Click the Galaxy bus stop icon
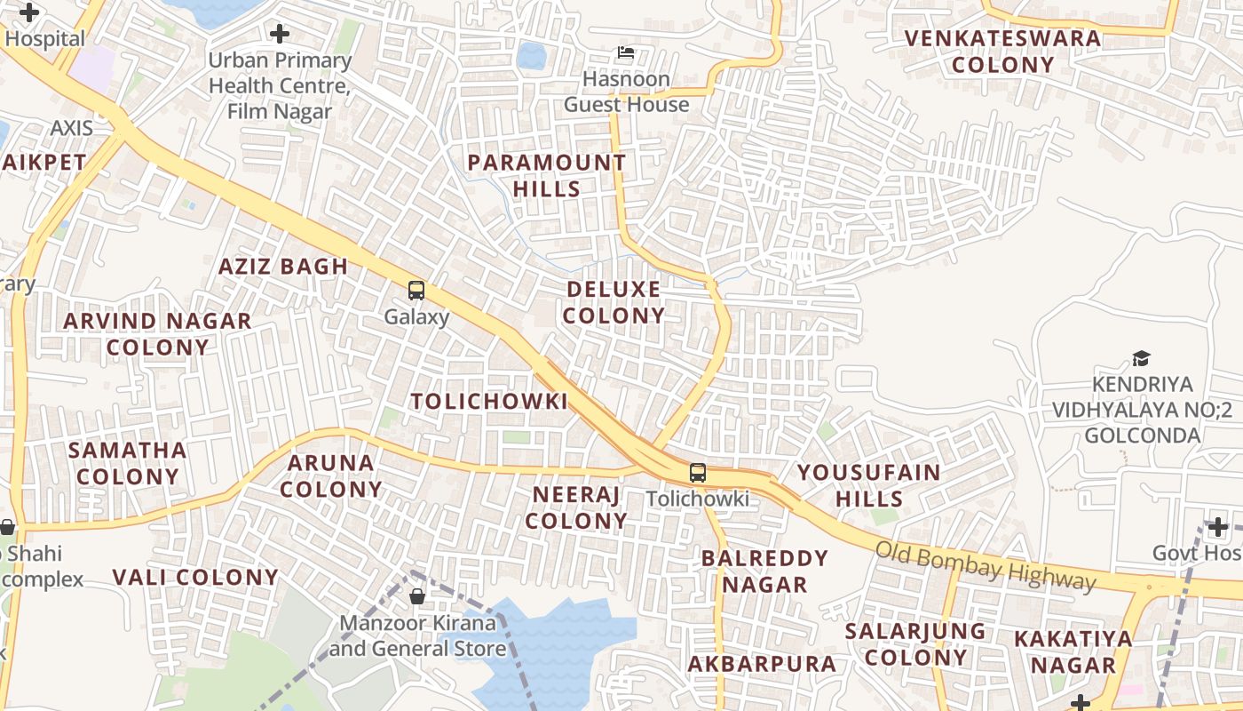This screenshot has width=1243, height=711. (416, 290)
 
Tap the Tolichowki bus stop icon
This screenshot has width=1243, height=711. (698, 473)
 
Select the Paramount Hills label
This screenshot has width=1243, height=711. (547, 175)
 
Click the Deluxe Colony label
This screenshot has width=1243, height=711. (614, 302)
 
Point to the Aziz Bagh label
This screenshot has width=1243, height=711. (283, 266)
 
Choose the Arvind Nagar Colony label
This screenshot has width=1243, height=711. (157, 333)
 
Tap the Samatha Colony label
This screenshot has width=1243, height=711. (128, 463)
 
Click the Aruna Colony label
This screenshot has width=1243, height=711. (331, 475)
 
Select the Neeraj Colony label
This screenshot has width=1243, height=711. (576, 507)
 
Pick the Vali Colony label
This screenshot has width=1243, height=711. (195, 577)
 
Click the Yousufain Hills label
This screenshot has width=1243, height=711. (869, 484)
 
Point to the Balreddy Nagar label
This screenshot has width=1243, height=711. (764, 571)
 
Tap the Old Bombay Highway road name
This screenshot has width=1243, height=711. (986, 565)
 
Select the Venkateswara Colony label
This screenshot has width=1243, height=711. (1003, 51)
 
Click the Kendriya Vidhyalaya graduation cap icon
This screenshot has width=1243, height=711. (1141, 358)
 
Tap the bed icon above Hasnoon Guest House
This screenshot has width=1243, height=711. (626, 53)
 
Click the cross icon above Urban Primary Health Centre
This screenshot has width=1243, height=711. (280, 35)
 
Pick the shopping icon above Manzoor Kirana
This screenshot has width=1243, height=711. (417, 595)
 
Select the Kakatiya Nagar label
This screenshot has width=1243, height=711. (1073, 651)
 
